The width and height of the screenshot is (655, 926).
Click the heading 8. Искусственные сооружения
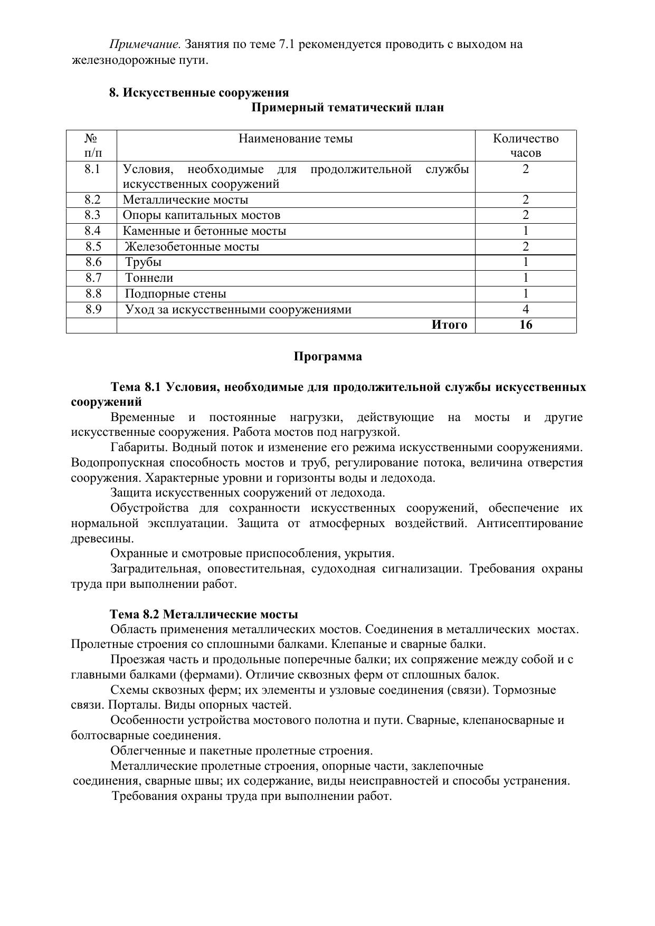(x=199, y=93)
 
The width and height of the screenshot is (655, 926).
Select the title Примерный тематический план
(x=347, y=108)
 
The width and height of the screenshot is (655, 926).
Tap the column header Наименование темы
(x=296, y=139)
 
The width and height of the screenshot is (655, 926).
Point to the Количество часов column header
(x=526, y=146)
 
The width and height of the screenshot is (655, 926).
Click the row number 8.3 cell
(x=92, y=215)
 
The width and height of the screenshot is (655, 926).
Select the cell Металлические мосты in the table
(x=185, y=200)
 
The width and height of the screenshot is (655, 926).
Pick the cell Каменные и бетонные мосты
(x=204, y=231)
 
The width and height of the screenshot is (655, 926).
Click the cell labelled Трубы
(x=143, y=262)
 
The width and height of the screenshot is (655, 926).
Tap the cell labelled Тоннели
(x=149, y=278)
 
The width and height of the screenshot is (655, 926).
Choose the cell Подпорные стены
(x=175, y=294)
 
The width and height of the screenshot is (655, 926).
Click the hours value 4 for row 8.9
(x=526, y=310)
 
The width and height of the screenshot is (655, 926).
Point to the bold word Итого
(x=449, y=325)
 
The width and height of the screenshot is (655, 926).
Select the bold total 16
(x=526, y=325)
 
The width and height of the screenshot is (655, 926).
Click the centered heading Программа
(x=328, y=357)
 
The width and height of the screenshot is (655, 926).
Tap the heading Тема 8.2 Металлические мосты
(x=204, y=615)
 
